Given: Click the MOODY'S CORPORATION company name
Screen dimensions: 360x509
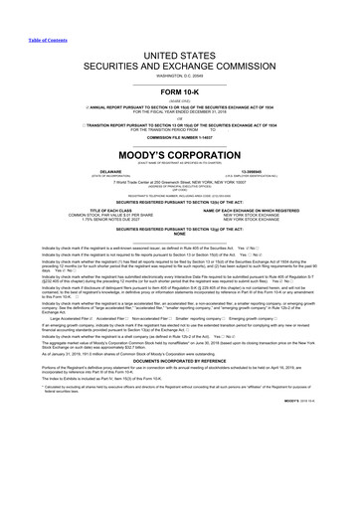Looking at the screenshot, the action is pos(179,158).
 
